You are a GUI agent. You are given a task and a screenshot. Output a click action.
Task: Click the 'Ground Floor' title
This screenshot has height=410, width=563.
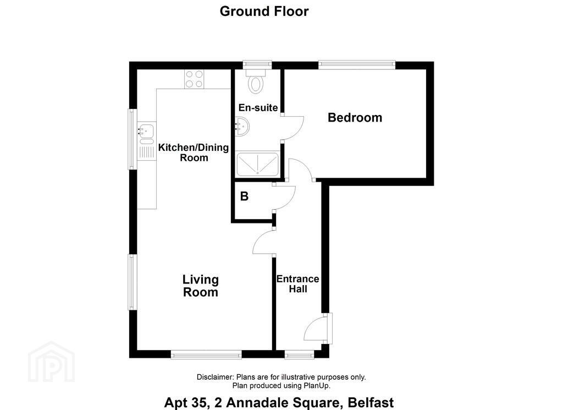pyautogui.click(x=264, y=11)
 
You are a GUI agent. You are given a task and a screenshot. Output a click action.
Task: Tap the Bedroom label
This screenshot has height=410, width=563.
pyautogui.click(x=355, y=117)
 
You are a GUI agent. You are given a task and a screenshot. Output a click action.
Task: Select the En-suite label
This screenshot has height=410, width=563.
pyautogui.click(x=258, y=107)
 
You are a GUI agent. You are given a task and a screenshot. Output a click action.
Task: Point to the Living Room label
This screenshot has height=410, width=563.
pyautogui.click(x=201, y=286)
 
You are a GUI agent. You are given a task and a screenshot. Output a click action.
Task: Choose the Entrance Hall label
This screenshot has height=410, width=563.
pyautogui.click(x=297, y=283)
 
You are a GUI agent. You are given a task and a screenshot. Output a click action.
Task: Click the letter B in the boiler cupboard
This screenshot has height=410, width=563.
pyautogui.click(x=244, y=196)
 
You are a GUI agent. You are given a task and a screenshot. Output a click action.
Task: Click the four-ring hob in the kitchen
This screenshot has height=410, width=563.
pyautogui.click(x=194, y=79)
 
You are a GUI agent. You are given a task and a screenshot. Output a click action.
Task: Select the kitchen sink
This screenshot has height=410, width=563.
pyautogui.click(x=146, y=132)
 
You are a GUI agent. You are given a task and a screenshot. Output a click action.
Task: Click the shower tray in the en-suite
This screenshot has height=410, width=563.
pyautogui.click(x=257, y=165)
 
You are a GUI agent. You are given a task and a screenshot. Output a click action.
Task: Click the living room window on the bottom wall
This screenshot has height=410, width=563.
pyautogui.click(x=206, y=354)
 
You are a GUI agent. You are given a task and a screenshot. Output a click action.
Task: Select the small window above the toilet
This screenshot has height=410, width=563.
pyautogui.click(x=257, y=65)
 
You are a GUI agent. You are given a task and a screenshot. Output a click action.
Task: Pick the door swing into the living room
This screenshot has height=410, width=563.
pyautogui.click(x=263, y=242)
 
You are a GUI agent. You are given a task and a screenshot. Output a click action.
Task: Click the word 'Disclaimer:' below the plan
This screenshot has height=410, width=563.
pyautogui.click(x=216, y=377)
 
